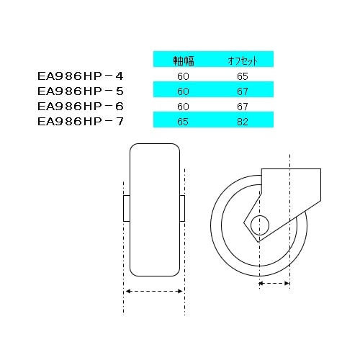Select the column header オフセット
[243, 60]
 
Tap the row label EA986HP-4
[80, 75]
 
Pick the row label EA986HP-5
[80, 91]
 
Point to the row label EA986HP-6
[80, 106]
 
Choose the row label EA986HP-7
[80, 122]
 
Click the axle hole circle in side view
[260, 222]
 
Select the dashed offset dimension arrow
[274, 284]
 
